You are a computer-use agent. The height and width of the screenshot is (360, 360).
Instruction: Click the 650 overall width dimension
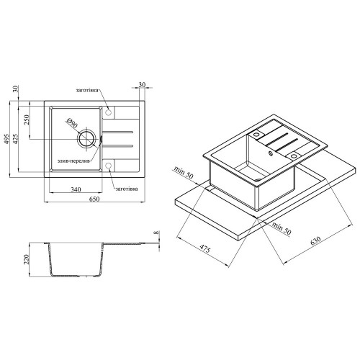94,199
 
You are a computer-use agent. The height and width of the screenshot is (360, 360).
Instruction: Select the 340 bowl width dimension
76,189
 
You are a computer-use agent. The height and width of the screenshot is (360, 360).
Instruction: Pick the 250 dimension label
26,120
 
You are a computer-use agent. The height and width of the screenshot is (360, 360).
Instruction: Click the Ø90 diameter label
72,122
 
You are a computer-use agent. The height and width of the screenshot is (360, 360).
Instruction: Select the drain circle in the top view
86,139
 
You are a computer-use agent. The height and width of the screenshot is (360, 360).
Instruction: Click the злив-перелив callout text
73,161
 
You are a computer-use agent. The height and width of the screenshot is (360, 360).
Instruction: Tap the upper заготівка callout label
87,91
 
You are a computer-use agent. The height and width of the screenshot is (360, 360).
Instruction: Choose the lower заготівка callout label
127,189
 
